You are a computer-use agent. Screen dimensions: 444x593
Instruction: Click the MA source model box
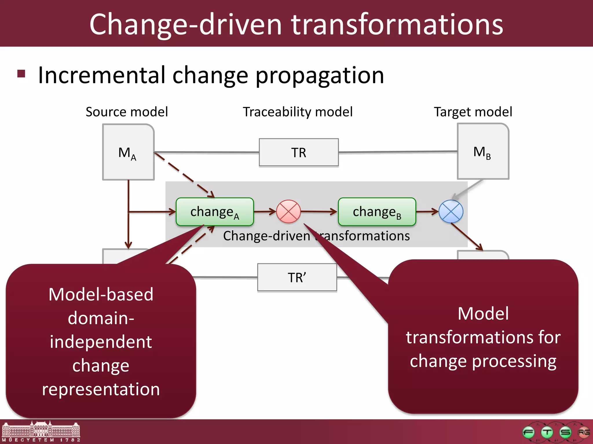point(128,152)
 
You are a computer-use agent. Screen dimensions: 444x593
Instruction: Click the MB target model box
point(483,151)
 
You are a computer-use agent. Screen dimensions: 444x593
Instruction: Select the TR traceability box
point(299,152)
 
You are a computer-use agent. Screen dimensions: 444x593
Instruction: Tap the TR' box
point(297,277)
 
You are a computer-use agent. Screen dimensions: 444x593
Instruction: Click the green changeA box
point(215,212)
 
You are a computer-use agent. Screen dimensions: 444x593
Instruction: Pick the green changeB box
point(377,212)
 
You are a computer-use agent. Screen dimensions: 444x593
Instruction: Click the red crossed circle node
point(288,212)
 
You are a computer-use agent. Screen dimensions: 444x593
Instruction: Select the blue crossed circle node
point(451,212)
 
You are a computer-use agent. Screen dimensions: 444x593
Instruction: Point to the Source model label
point(127,112)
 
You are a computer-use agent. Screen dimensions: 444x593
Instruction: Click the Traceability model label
point(298,112)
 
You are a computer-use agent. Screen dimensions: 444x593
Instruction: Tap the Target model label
point(473,112)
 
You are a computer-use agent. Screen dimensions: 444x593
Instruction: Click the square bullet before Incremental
point(21,74)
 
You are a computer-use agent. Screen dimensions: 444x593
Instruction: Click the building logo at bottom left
point(41,431)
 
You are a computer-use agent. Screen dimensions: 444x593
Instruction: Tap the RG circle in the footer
point(583,432)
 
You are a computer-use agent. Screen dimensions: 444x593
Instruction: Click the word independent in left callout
point(101,342)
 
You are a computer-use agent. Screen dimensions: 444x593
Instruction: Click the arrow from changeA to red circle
point(265,212)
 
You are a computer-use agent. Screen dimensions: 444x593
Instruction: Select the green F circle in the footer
point(528,432)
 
